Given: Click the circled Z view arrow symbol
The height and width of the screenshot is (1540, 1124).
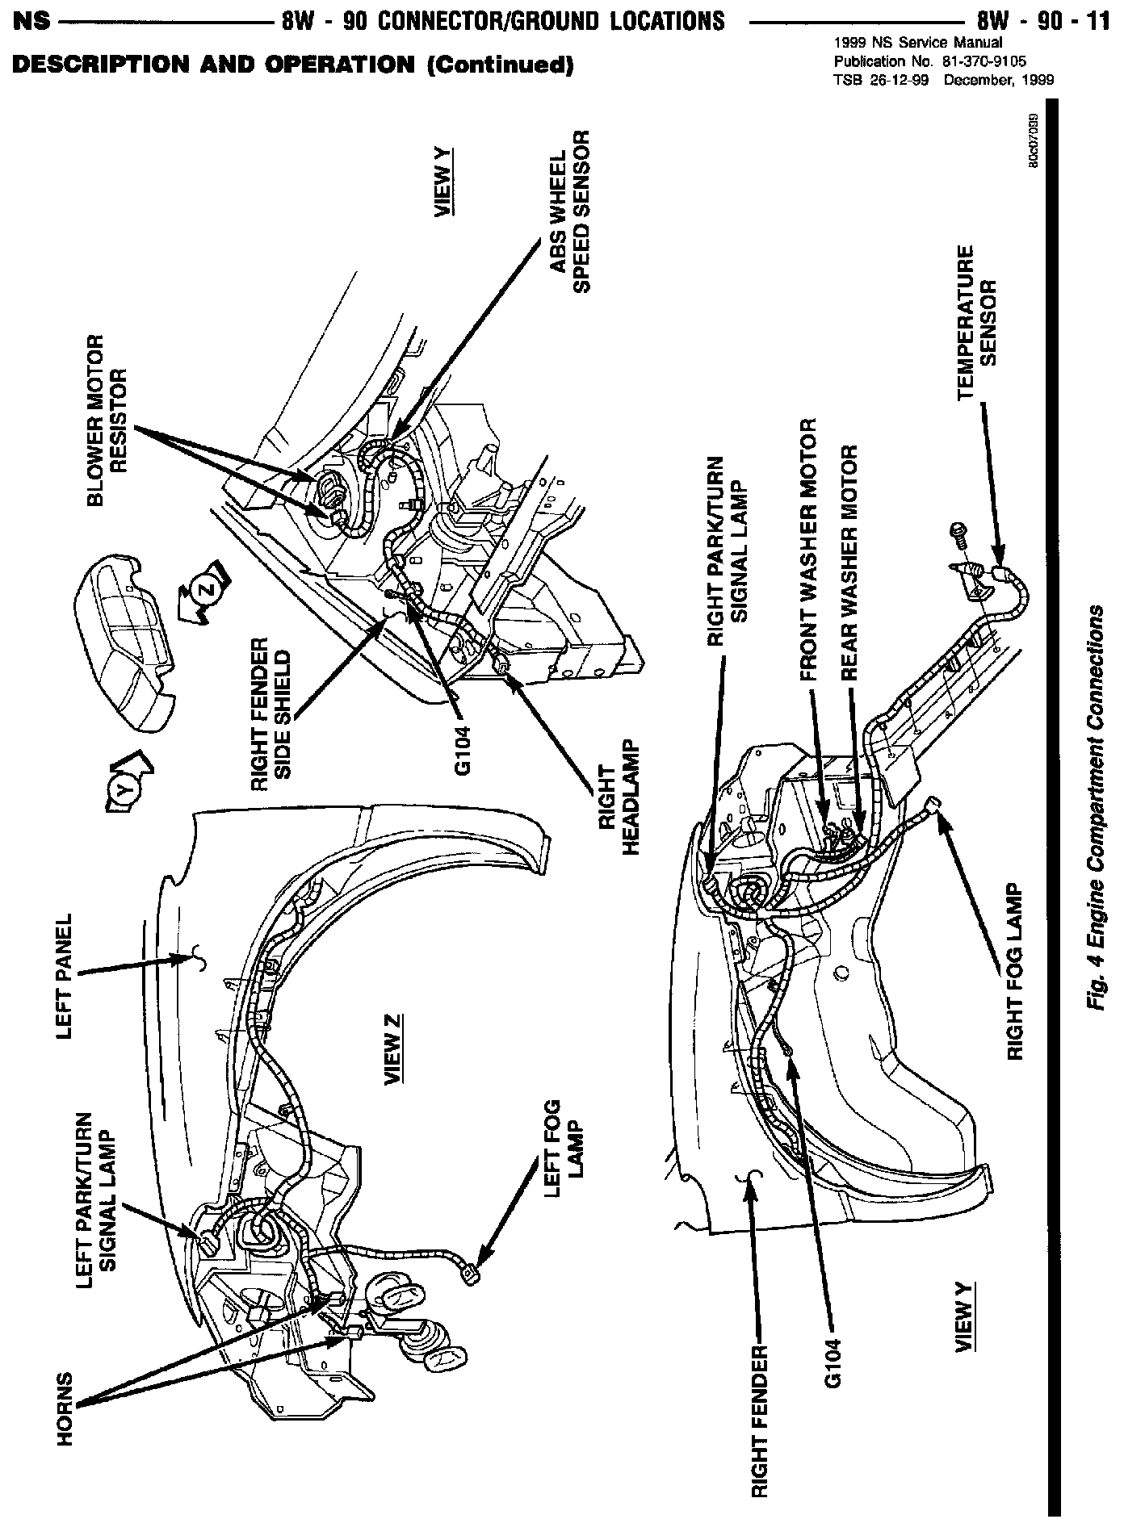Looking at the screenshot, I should tap(207, 590).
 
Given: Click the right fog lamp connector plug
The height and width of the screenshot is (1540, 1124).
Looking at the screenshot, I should tap(935, 806).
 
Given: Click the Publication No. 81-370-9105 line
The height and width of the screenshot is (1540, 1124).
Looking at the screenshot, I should tap(929, 61).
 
